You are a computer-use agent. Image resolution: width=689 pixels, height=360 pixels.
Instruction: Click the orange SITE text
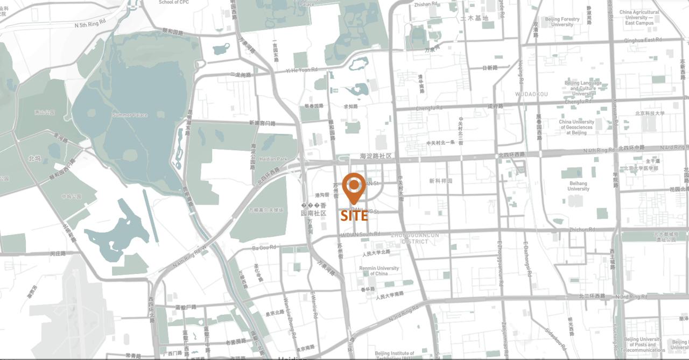click(354, 216)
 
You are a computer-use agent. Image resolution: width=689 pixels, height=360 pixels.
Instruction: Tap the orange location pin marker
click(354, 186)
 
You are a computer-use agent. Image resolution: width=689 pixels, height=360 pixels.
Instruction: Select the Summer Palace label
click(130, 115)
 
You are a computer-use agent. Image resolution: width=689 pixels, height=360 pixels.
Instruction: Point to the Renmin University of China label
click(380, 271)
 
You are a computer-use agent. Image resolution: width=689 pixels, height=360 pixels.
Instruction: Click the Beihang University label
click(578, 186)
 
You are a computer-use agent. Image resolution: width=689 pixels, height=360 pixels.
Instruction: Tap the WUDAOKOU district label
click(531, 94)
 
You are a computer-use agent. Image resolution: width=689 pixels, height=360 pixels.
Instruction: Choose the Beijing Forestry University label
click(563, 22)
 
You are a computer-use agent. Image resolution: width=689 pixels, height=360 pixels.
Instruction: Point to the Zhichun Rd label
click(582, 230)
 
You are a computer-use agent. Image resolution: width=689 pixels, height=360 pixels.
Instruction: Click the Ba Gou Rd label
click(264, 248)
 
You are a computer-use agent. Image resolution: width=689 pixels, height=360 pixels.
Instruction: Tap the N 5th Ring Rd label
click(90, 24)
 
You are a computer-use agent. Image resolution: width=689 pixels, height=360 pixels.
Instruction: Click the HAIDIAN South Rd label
click(360, 234)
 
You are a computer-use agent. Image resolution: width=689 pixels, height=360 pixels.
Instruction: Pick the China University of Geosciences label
click(576, 127)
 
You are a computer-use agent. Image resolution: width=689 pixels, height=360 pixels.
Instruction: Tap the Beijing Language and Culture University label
click(583, 88)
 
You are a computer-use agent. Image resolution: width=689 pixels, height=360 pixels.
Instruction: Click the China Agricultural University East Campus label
click(639, 18)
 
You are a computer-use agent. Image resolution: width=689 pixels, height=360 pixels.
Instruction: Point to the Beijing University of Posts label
click(643, 344)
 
